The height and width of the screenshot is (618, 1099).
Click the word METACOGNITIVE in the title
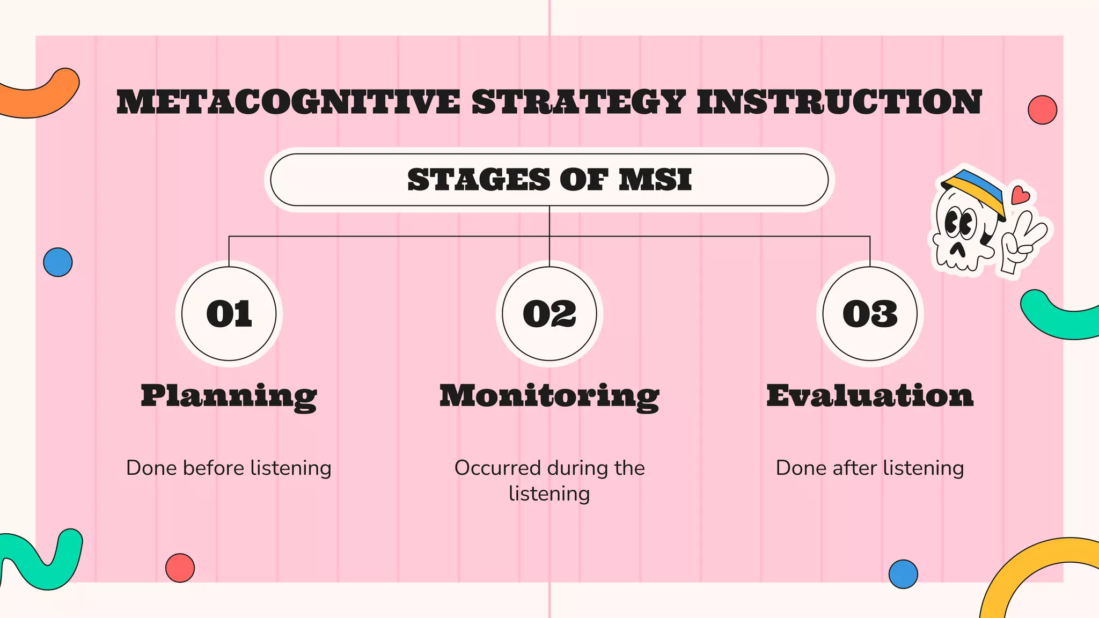tap(288, 102)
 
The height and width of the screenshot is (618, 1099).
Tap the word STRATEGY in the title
tap(578, 102)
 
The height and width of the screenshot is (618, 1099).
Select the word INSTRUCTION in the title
tap(839, 102)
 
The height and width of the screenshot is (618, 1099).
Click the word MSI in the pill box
tap(655, 180)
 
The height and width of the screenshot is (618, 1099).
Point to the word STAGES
tap(479, 180)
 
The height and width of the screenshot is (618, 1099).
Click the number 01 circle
tap(229, 314)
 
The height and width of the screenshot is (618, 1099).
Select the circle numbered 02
tap(549, 314)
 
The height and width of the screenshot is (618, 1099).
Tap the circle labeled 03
tap(870, 314)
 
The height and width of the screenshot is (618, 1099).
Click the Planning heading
tap(229, 396)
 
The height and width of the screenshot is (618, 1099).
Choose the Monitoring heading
tap(549, 396)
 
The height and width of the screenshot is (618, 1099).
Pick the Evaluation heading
tap(870, 396)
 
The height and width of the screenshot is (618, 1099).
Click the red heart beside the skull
tap(1020, 195)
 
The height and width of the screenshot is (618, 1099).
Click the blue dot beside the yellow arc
tap(903, 574)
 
